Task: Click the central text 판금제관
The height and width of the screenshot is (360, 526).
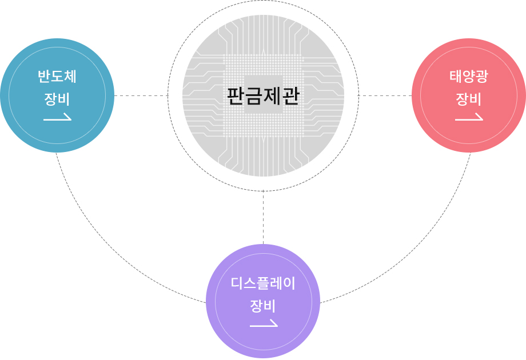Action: [x=263, y=96]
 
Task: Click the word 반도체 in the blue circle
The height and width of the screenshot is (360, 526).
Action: [x=57, y=77]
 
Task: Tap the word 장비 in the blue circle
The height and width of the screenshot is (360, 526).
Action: [x=57, y=99]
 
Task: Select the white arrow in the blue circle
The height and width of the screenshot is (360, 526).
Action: [x=57, y=117]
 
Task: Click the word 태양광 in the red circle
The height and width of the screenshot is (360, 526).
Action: [x=469, y=77]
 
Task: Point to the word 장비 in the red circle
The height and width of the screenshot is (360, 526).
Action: [x=469, y=99]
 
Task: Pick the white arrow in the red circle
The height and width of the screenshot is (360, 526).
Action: [x=469, y=117]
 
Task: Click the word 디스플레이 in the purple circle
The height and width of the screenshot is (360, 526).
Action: [x=263, y=283]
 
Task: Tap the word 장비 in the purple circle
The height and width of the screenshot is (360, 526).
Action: [x=263, y=306]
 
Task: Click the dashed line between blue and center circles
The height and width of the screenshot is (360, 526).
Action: [x=141, y=95]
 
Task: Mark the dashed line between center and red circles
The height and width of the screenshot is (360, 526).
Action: [x=385, y=95]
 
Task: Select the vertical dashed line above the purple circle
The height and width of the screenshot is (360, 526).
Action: [x=264, y=217]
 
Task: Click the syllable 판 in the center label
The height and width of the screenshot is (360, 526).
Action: [x=236, y=96]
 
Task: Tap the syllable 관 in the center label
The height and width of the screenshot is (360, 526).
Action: [x=290, y=96]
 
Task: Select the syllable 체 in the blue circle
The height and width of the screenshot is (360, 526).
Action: [x=70, y=77]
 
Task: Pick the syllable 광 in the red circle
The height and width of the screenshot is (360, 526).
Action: [x=482, y=77]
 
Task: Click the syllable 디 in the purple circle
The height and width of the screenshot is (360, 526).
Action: [x=237, y=283]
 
